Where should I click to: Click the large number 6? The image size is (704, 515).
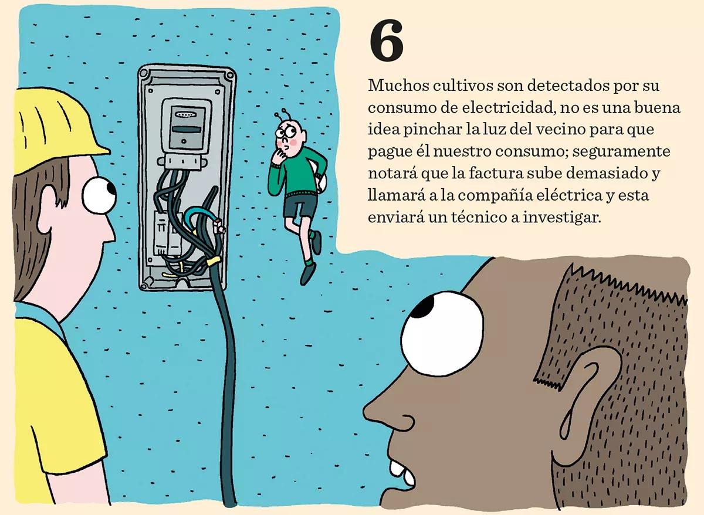[387, 43]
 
